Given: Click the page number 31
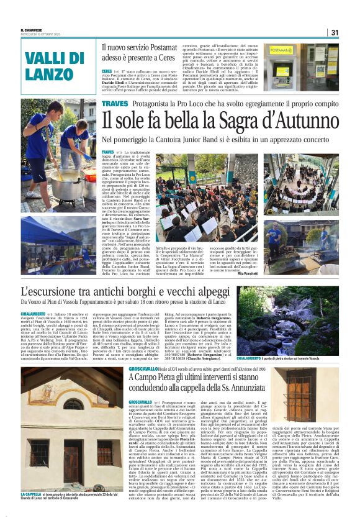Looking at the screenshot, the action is pyautogui.click(x=335, y=32).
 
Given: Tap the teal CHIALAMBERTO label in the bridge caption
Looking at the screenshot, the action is pyautogui.click(x=249, y=358).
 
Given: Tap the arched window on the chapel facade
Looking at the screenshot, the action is pyautogui.click(x=73, y=404).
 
